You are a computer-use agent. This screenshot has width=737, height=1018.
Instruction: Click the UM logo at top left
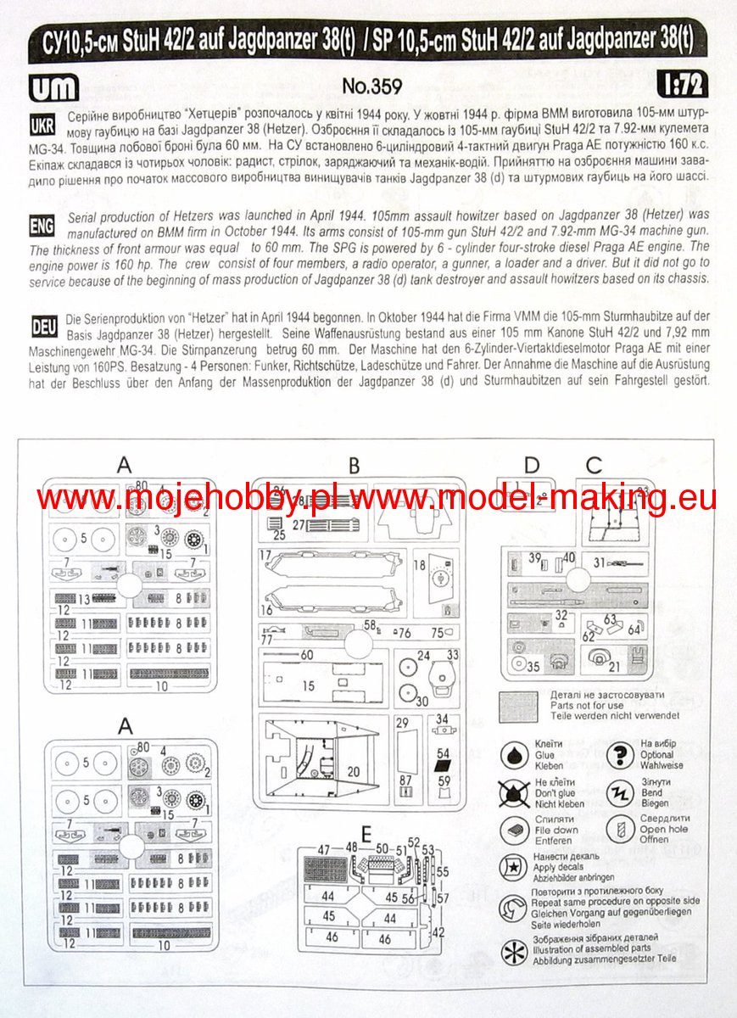pos(53,87)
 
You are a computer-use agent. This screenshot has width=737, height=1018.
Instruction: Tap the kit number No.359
pos(371,87)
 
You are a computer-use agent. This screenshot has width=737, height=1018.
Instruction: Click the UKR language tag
pos(42,125)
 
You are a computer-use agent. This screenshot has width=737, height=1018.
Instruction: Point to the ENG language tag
pos(42,226)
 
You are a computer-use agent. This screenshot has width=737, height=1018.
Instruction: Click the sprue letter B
pos(354,465)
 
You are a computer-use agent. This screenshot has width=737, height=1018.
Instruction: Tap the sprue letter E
pos(366,836)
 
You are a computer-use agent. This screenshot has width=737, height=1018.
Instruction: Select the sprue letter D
pos(532,465)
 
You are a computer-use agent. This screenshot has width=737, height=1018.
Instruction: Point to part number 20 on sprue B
pos(354,770)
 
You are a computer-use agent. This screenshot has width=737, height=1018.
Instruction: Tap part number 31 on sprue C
pos(599,562)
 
